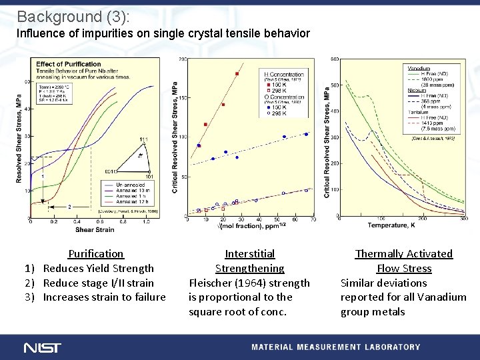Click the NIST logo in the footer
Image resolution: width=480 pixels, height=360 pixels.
click(x=42, y=347)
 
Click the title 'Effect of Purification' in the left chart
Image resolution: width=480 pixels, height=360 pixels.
click(x=59, y=64)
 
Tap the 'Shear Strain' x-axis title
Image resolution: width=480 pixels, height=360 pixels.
click(x=94, y=230)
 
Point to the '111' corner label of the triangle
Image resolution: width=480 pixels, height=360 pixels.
click(x=144, y=139)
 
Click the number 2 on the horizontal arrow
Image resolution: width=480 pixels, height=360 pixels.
click(x=69, y=207)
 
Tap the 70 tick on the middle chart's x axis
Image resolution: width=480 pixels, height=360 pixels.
click(x=313, y=219)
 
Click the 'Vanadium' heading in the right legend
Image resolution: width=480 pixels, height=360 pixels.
click(x=418, y=68)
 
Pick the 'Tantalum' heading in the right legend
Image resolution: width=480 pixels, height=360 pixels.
click(x=419, y=111)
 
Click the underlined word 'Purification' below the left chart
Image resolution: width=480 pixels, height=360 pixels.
click(x=96, y=253)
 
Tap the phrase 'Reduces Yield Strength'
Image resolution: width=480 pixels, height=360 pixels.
click(x=98, y=268)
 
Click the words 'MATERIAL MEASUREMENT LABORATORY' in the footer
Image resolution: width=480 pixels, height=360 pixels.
click(x=335, y=347)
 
